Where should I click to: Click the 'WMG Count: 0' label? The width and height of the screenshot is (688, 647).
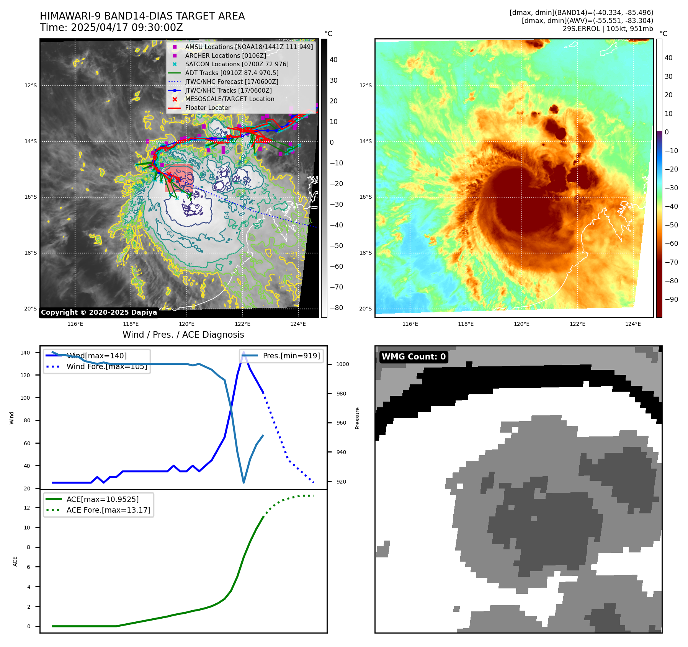[413, 357]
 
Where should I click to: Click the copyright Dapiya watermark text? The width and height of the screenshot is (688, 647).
[99, 312]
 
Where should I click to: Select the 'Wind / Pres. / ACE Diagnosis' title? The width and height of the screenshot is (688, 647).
[183, 335]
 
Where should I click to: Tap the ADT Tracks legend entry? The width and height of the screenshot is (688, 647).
[232, 73]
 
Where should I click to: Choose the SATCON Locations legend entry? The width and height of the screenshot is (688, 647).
[237, 64]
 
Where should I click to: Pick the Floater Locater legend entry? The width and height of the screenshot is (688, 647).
[208, 108]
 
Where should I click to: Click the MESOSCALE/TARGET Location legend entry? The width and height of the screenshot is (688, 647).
[229, 99]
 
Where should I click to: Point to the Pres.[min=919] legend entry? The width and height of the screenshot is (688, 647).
[291, 356]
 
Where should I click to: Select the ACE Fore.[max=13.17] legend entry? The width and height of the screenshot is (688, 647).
[108, 510]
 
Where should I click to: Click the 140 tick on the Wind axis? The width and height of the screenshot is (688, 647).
[25, 353]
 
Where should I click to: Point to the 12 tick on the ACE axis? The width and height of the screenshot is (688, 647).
[27, 508]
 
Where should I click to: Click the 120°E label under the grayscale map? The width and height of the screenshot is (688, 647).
[186, 324]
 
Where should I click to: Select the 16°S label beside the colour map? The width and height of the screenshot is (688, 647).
[365, 197]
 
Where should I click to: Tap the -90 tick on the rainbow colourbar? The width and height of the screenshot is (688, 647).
[671, 299]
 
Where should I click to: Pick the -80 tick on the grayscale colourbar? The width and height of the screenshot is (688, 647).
[336, 308]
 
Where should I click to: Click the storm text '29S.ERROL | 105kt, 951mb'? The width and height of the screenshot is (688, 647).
[608, 29]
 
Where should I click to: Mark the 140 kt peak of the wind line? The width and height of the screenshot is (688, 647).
[243, 352]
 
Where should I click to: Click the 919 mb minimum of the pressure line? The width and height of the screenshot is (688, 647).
[243, 482]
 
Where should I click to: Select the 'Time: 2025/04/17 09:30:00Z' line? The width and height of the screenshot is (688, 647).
[111, 28]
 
